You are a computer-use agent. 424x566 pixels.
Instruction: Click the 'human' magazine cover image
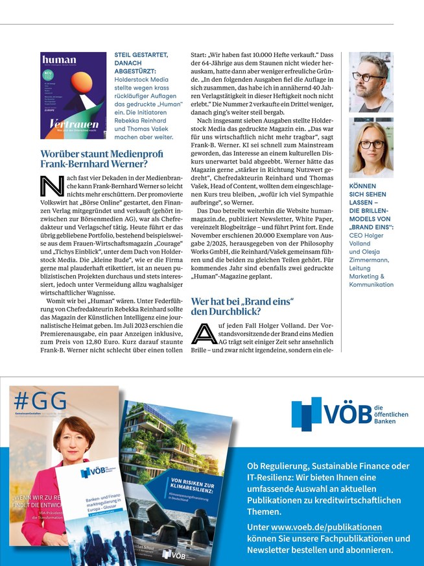pyautogui.click(x=73, y=95)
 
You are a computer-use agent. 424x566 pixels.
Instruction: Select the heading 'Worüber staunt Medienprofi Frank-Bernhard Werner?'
pyautogui.click(x=98, y=159)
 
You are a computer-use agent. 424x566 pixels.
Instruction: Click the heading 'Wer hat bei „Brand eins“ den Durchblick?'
pyautogui.click(x=242, y=306)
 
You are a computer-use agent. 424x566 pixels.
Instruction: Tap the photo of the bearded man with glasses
pyautogui.click(x=371, y=82)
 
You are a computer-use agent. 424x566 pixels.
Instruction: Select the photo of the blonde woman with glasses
pyautogui.click(x=371, y=148)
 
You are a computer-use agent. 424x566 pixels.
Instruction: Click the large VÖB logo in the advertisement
pyautogui.click(x=331, y=413)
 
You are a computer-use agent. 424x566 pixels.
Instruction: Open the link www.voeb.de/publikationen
pyautogui.click(x=326, y=527)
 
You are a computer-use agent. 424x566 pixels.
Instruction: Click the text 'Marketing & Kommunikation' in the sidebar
pyautogui.click(x=371, y=280)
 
